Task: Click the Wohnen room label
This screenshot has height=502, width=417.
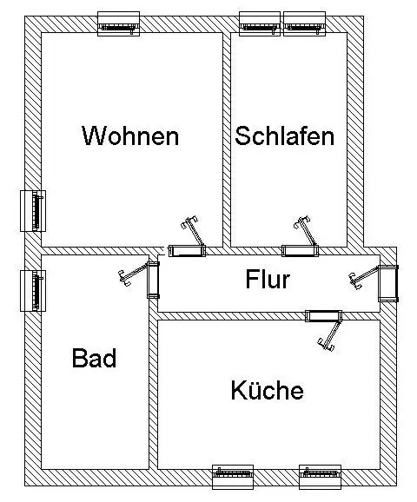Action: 130,135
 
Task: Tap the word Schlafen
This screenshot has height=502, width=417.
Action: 285,135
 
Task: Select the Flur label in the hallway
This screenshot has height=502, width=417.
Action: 268,279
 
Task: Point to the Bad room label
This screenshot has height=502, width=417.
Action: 94,358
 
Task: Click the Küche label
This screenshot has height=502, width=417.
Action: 267,390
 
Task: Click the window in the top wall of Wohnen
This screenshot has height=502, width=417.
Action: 118,24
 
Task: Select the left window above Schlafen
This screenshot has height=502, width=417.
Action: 260,24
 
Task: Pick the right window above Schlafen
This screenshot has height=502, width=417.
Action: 304,24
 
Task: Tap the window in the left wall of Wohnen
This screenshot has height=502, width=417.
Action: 33,211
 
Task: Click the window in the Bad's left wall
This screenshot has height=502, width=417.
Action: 33,291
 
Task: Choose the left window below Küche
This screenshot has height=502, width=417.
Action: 233,478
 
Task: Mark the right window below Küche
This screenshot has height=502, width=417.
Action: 321,478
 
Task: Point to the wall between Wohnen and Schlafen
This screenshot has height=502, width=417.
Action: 227,140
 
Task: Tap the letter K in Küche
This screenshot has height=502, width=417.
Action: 238,390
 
